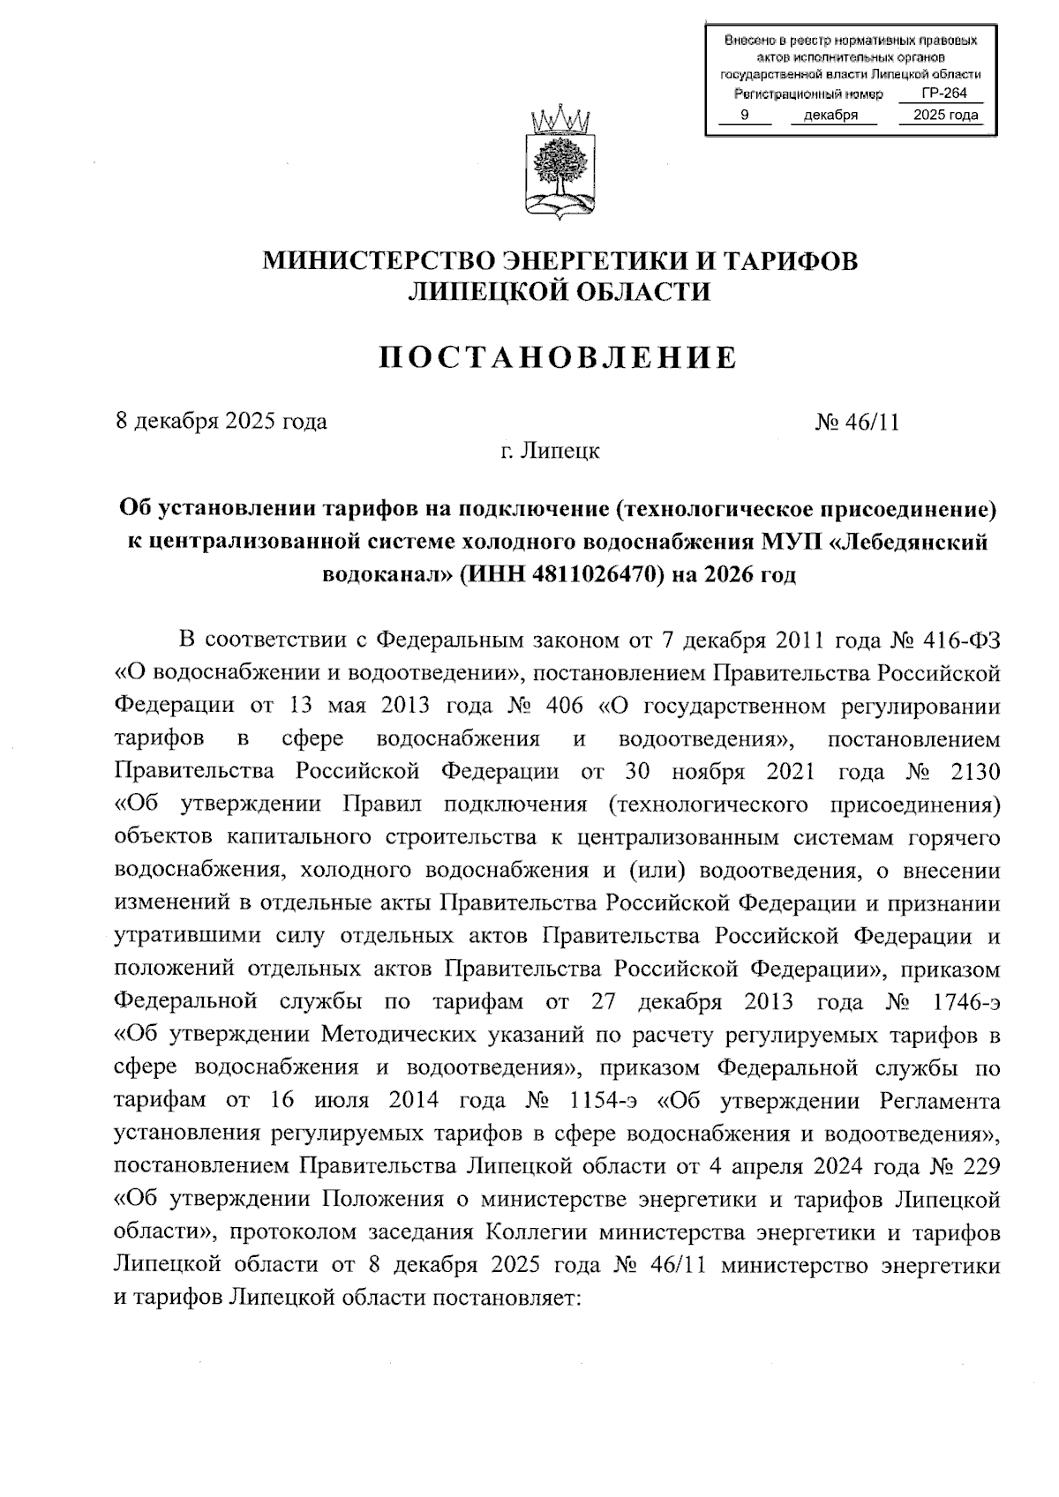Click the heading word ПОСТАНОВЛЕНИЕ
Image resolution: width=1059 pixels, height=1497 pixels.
[x=558, y=357]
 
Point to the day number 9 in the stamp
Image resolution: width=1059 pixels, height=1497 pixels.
[x=744, y=115]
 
